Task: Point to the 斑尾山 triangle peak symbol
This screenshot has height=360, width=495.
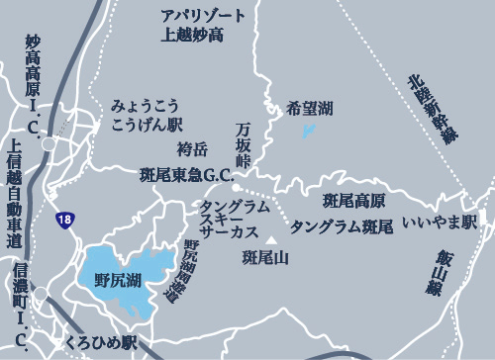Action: [271, 239]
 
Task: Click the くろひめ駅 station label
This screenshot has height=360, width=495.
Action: [101, 342]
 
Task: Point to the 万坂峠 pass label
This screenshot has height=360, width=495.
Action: [244, 141]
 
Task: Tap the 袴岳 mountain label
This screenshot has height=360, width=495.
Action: [192, 149]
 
